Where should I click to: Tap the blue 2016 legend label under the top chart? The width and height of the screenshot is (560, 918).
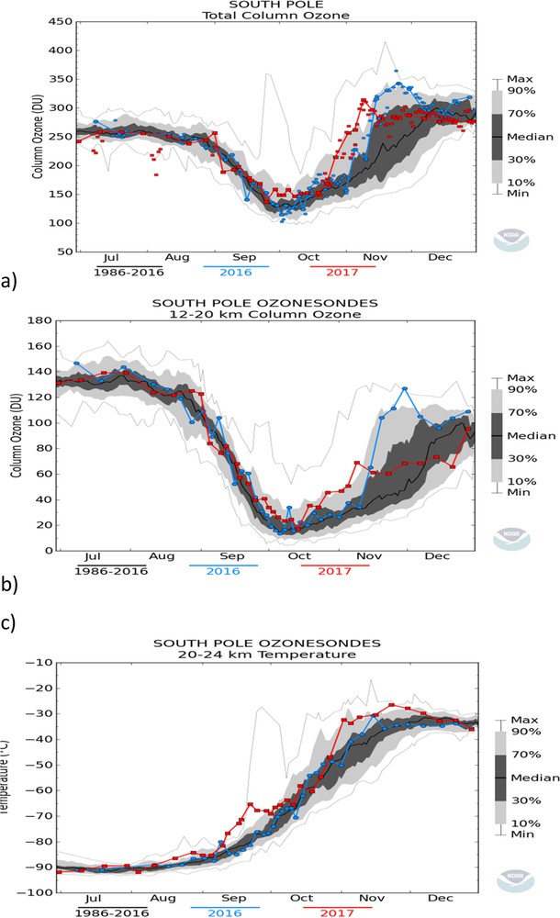pos(241,274)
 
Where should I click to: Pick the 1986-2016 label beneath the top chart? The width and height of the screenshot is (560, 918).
pos(129,274)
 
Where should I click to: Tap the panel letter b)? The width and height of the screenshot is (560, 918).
pos(12,584)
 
